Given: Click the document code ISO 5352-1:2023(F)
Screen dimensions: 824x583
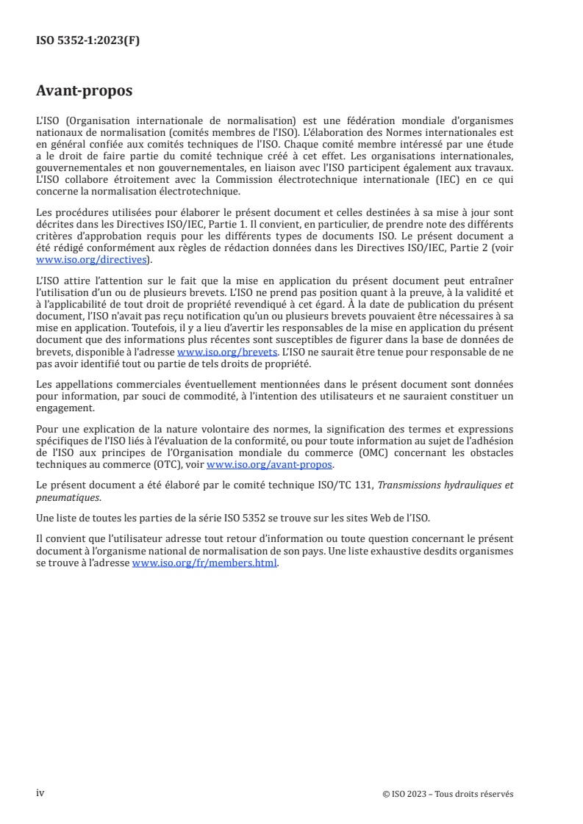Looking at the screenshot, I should coord(87,41).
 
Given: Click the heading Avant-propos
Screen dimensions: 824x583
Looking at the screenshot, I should coord(84,91).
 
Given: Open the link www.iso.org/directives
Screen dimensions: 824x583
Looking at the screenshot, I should coord(92,259).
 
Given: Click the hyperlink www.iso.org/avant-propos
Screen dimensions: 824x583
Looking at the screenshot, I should coord(269,464).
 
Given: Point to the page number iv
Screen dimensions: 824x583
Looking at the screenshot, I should coord(40,793).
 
